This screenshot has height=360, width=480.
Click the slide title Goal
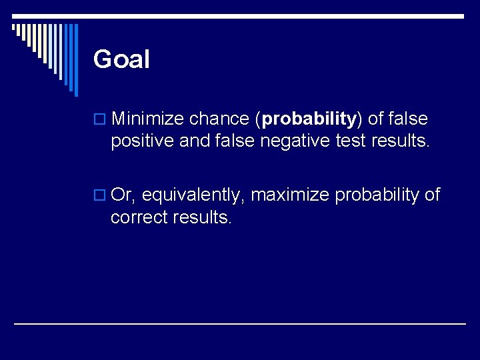click(121, 60)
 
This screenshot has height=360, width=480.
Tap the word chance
click(219, 119)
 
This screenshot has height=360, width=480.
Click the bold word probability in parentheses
click(309, 120)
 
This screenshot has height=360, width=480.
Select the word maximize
click(290, 195)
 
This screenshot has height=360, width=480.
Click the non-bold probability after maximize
click(377, 196)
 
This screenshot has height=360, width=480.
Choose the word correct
click(140, 218)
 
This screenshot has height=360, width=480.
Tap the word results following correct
click(202, 218)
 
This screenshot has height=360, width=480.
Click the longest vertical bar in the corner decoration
click(75, 60)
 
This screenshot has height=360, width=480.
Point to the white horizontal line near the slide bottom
click(240, 324)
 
